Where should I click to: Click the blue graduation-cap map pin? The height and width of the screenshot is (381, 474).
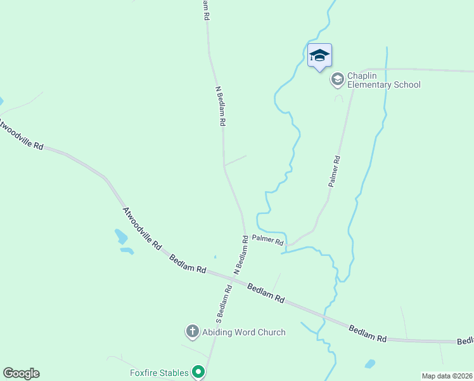pyautogui.click(x=319, y=55)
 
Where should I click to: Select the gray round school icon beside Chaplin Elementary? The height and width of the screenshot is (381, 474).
pyautogui.click(x=337, y=79)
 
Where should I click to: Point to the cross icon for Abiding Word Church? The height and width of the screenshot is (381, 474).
pyautogui.click(x=192, y=331)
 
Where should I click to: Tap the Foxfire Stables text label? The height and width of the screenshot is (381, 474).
pyautogui.click(x=159, y=373)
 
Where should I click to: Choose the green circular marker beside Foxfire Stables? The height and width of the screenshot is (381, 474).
pyautogui.click(x=199, y=372)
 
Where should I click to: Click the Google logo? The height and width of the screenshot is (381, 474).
pyautogui.click(x=21, y=373)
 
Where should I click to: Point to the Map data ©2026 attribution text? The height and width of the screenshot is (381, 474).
pyautogui.click(x=447, y=376)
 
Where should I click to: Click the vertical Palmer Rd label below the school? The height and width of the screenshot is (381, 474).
pyautogui.click(x=335, y=171)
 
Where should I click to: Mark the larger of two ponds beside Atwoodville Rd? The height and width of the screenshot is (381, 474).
pyautogui.click(x=120, y=237)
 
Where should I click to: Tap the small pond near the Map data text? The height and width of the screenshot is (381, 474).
pyautogui.click(x=369, y=364)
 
